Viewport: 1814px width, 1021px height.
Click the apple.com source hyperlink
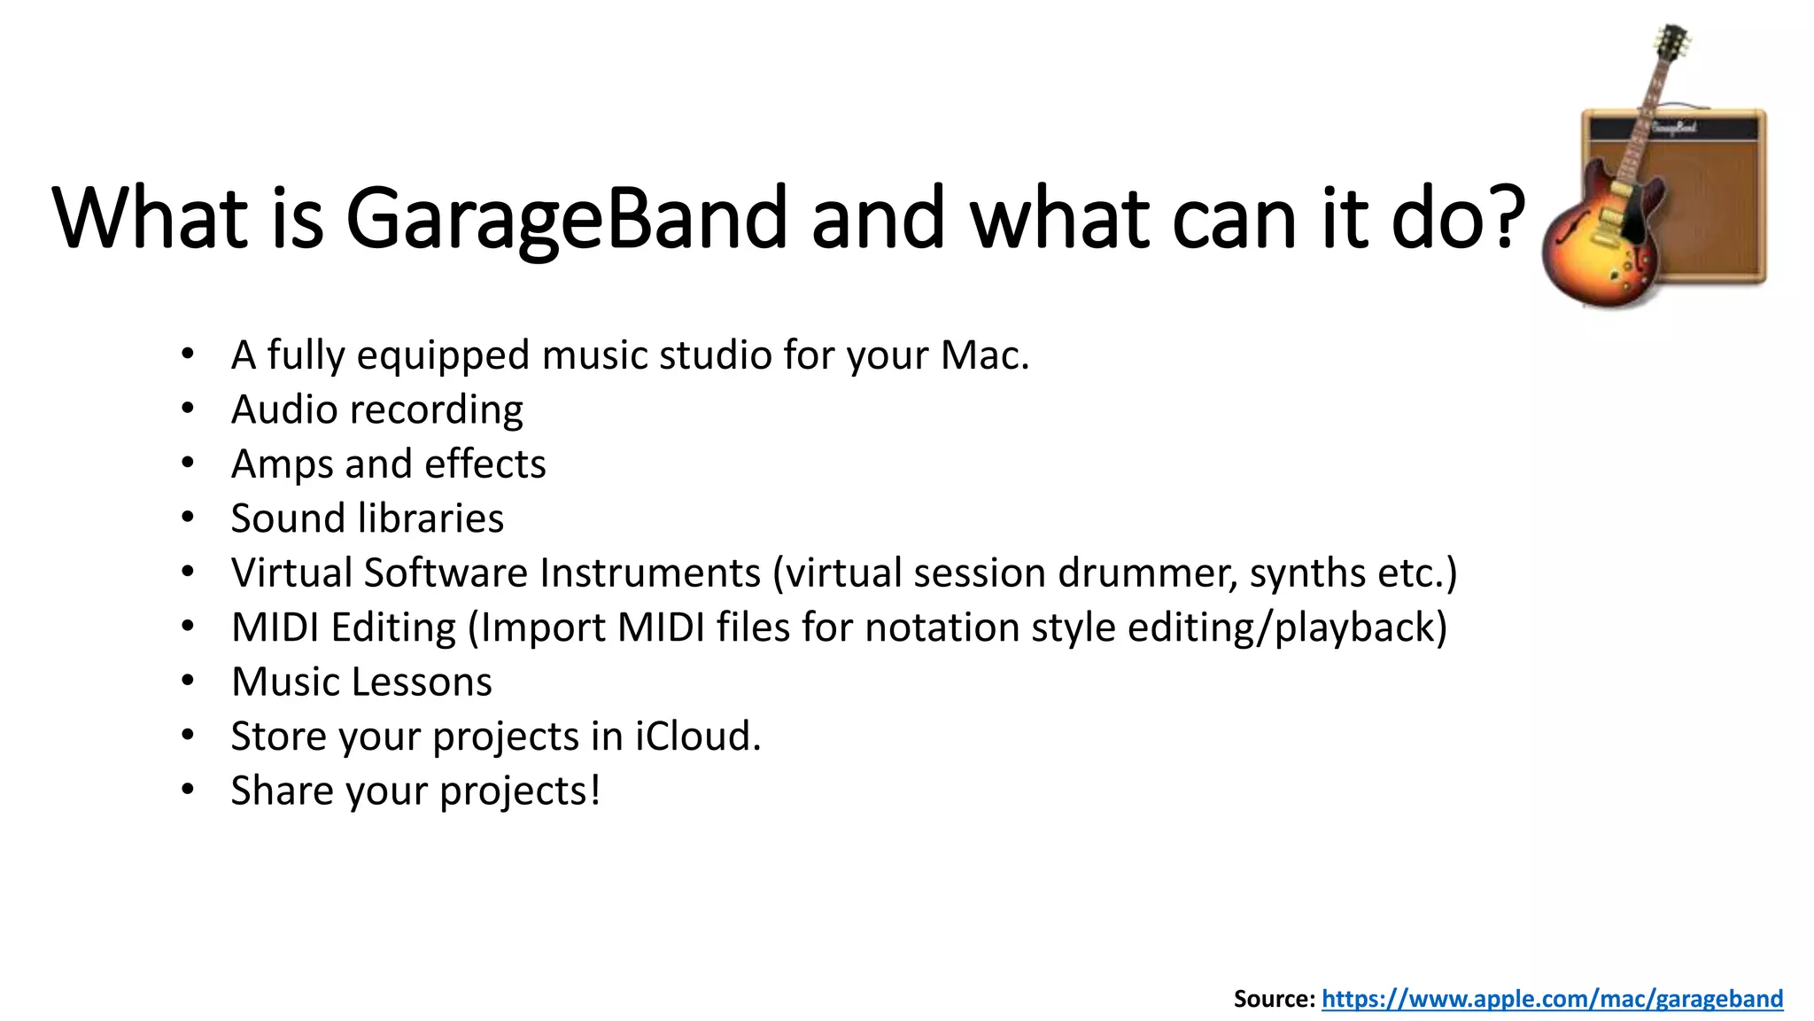point(1552,999)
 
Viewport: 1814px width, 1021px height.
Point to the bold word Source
point(1273,999)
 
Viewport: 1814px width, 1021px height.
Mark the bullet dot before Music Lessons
point(187,682)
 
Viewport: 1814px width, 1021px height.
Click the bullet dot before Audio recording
point(187,409)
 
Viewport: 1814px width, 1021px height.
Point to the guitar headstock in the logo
point(1671,44)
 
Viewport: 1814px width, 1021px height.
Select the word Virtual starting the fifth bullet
point(291,573)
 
